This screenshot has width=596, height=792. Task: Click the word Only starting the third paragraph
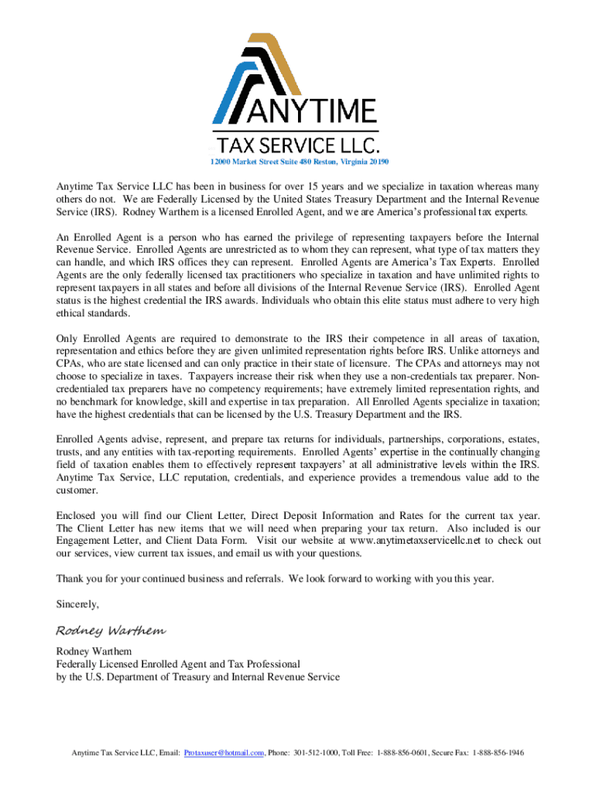pos(67,338)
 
